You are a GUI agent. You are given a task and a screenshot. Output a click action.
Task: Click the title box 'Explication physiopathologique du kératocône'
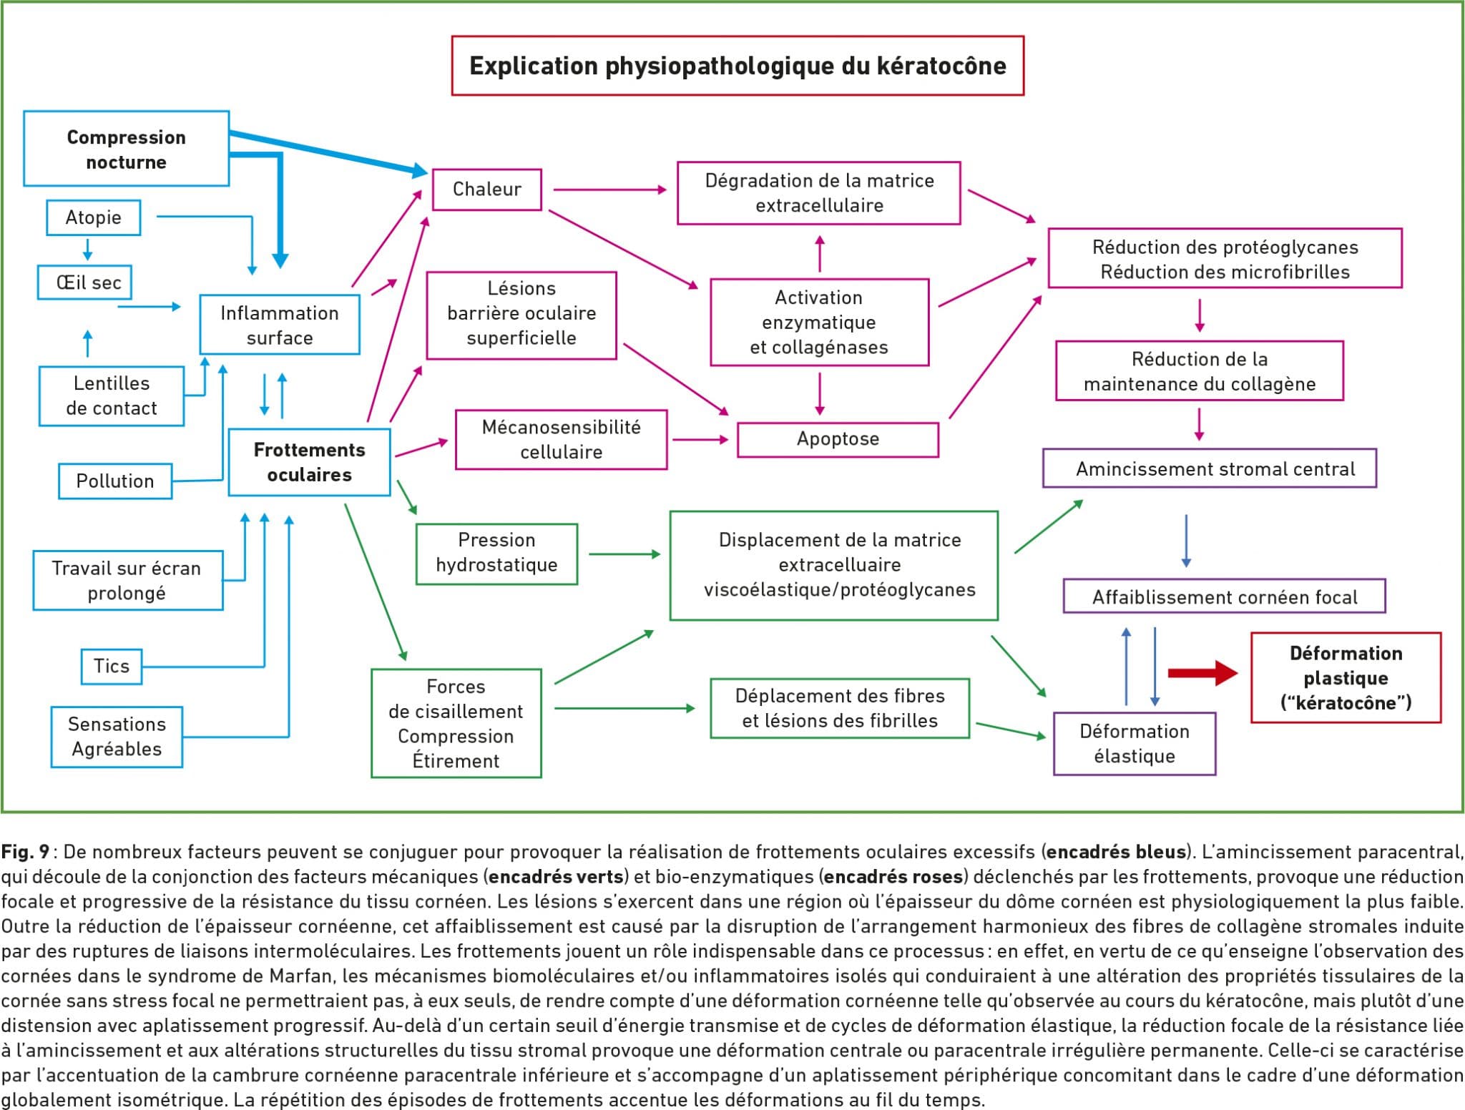(738, 66)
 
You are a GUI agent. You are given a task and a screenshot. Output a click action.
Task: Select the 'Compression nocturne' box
(127, 149)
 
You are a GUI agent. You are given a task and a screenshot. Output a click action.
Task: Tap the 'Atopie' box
(94, 217)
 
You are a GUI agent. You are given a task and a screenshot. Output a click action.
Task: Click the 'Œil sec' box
(85, 283)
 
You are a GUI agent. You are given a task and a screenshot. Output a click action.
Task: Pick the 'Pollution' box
(115, 481)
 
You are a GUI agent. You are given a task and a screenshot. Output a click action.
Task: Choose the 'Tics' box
(112, 666)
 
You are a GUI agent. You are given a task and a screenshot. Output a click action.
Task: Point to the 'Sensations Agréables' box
(117, 737)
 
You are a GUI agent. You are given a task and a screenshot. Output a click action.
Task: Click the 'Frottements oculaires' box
(309, 462)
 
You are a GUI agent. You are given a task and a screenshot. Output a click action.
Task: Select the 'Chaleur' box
(487, 190)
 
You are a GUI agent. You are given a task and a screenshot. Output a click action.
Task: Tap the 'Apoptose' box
(838, 439)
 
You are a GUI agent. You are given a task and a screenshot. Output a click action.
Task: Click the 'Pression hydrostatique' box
(496, 553)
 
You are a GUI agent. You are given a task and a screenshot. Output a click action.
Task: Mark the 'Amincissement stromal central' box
(1210, 469)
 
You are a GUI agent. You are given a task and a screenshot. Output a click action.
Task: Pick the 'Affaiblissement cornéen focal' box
(1224, 597)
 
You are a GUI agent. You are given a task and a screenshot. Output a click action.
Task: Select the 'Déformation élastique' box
(1135, 743)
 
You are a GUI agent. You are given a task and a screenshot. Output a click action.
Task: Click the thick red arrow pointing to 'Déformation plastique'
(1202, 673)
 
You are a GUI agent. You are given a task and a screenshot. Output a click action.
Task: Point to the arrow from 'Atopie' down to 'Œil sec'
(88, 250)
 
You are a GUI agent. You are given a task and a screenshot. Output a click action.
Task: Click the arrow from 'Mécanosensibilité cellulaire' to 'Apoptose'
(700, 439)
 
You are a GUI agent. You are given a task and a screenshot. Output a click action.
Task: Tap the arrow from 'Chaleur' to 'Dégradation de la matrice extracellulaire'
(609, 190)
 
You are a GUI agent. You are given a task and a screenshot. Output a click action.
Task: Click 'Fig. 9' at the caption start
(25, 852)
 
